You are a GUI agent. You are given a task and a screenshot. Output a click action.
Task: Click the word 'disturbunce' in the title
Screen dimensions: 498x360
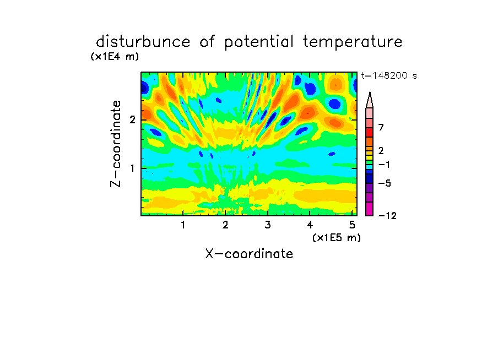tap(143, 41)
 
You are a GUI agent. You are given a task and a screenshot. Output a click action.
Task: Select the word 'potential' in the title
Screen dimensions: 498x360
tap(259, 42)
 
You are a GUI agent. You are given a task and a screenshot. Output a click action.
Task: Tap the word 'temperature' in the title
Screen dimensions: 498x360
tap(353, 42)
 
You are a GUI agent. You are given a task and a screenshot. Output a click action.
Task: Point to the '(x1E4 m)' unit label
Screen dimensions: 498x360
tap(115, 57)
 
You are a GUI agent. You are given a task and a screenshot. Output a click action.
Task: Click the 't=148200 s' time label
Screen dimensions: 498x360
tap(389, 75)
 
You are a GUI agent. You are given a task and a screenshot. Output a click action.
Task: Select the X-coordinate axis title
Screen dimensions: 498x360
tap(249, 254)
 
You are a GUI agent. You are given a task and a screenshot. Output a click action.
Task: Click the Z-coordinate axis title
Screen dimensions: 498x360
tap(115, 144)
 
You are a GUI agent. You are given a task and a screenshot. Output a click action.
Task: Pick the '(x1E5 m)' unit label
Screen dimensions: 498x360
tap(337, 237)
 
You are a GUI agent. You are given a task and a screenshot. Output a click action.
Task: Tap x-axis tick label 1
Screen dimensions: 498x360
tap(183, 225)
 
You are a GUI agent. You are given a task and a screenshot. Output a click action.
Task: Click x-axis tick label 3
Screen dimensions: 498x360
tap(268, 225)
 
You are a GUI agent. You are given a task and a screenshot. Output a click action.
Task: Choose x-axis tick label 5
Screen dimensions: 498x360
tap(352, 225)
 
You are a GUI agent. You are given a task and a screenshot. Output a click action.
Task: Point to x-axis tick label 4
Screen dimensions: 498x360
tap(310, 225)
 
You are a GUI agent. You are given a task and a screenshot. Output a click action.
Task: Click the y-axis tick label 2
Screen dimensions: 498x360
tap(132, 119)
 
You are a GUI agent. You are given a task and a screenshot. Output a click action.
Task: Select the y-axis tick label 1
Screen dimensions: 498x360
tap(132, 168)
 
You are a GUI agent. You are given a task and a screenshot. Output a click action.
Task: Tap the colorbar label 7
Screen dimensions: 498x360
tap(381, 127)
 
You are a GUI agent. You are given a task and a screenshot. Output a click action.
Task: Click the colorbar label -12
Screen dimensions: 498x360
tap(387, 216)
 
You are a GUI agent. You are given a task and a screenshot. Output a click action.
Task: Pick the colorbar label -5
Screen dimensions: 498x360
tap(385, 183)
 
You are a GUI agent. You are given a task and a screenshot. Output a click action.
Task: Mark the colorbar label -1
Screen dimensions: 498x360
tap(384, 165)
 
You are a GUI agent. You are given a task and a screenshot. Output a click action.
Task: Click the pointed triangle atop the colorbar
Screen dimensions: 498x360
tap(370, 100)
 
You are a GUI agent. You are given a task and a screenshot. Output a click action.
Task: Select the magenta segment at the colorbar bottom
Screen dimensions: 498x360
tap(370, 209)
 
